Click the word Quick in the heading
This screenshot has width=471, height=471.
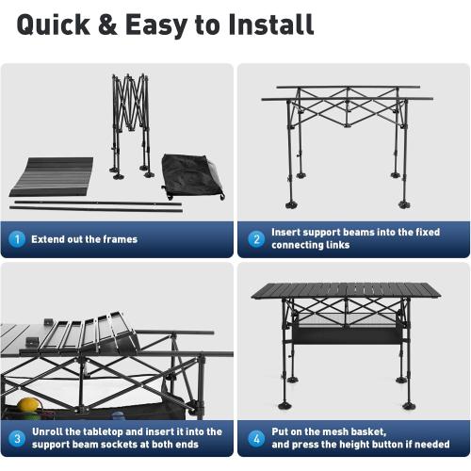coord(54,25)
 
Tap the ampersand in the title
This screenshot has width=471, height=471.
coord(107,24)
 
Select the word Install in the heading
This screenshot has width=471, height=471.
coord(271,24)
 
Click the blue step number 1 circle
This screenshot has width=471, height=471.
coord(17,239)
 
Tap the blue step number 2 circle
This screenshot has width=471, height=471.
coord(256,239)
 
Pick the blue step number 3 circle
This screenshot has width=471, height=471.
coord(17,438)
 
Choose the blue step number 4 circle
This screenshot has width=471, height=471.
coord(256,438)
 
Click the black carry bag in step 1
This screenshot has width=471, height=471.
coord(192,176)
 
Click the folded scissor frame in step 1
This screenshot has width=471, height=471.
coord(131,125)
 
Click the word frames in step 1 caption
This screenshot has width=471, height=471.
coord(121,239)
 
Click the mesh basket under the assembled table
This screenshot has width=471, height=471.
coord(347,330)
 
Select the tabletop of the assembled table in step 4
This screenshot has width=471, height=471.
coord(346,291)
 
